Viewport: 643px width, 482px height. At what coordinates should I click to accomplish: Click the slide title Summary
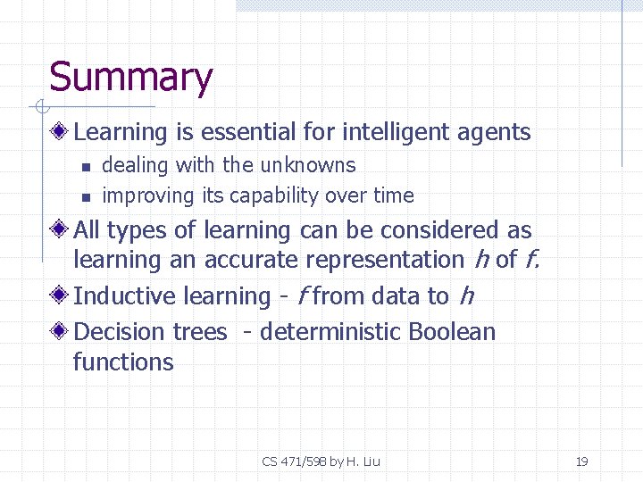130,78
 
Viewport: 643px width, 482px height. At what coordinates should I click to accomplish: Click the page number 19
581,461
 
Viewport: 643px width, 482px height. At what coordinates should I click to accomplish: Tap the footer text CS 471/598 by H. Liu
321,461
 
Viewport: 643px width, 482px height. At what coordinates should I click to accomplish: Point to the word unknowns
307,165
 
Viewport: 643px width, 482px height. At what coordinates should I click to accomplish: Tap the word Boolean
451,332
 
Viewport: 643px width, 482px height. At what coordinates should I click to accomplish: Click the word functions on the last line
123,362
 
